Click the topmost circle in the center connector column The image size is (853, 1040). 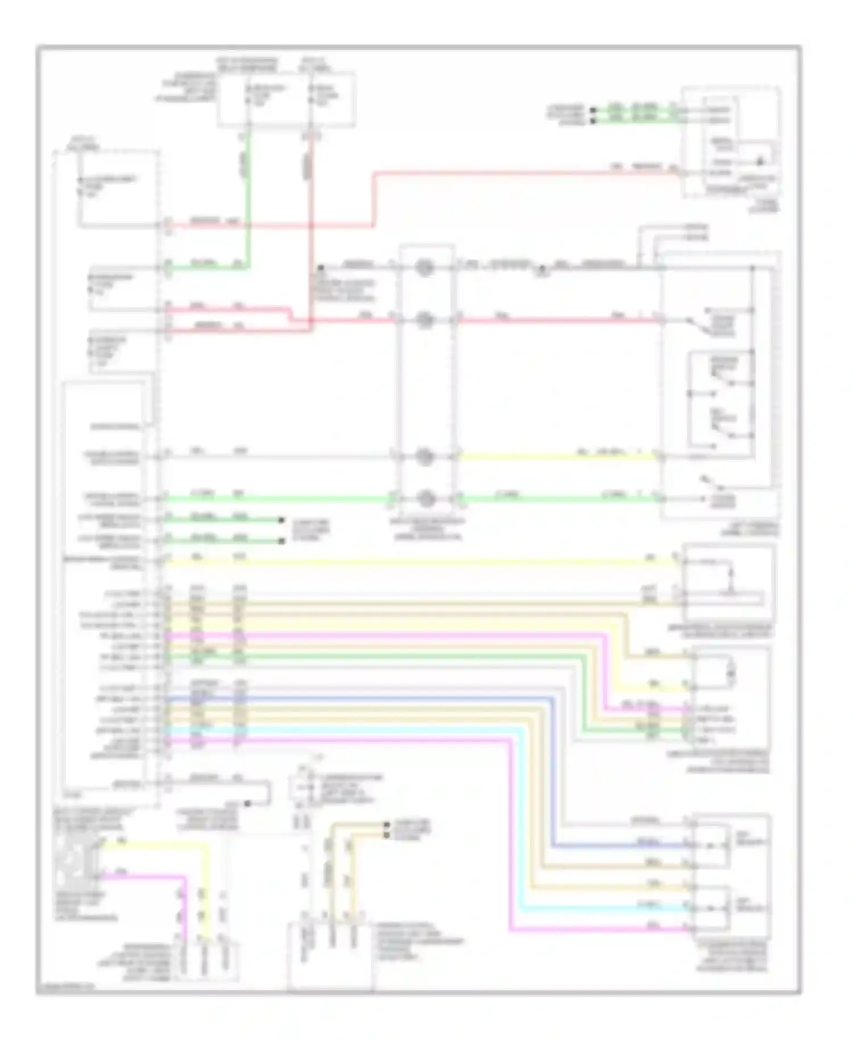click(424, 267)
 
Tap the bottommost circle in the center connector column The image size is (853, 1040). click(424, 499)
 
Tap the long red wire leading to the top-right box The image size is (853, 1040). click(512, 172)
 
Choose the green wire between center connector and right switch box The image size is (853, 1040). click(557, 499)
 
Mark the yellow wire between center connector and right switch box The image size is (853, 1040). click(557, 456)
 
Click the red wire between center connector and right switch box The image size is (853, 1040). click(557, 321)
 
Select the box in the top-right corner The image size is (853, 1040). click(731, 142)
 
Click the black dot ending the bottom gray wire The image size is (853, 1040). click(248, 803)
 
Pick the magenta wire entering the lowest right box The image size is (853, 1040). click(597, 930)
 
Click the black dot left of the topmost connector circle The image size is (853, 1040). click(321, 267)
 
